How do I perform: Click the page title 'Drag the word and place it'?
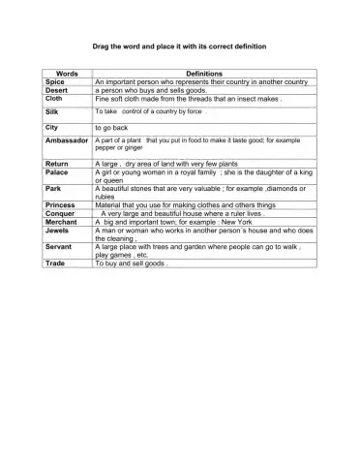(179, 46)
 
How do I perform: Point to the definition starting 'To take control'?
(150, 112)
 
